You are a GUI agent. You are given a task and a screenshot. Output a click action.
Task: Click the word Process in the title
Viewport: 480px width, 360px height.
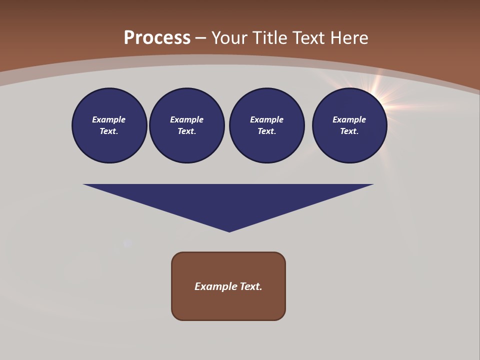coord(157,38)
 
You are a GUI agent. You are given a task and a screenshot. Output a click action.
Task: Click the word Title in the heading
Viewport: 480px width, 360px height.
coord(269,38)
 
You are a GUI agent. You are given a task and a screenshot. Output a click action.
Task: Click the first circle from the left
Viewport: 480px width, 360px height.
coord(109,125)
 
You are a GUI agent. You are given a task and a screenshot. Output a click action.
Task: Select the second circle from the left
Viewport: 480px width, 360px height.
coord(187,125)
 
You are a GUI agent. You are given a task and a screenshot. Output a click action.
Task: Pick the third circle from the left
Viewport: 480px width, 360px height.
coord(267,125)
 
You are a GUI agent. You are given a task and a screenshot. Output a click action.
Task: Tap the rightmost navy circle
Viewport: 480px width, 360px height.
coord(349,125)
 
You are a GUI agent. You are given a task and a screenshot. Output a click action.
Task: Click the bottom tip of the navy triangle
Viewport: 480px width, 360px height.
coord(229,230)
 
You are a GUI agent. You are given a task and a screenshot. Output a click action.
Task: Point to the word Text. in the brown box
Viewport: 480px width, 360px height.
coord(251,286)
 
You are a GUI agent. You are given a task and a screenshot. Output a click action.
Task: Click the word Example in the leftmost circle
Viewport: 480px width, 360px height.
coord(109,119)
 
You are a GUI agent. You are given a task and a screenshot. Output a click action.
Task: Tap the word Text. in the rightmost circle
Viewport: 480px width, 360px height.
coord(349,131)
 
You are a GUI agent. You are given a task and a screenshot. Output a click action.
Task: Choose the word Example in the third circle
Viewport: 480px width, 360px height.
coord(266,119)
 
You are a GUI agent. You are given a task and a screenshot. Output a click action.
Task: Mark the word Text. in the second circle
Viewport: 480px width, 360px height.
coord(186,131)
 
